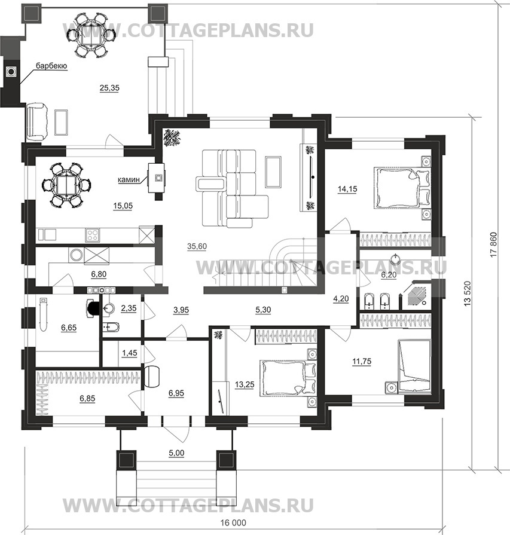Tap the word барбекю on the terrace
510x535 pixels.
pos(51,66)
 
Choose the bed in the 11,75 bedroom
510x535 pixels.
pos(413,365)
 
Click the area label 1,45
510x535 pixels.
pos(129,354)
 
